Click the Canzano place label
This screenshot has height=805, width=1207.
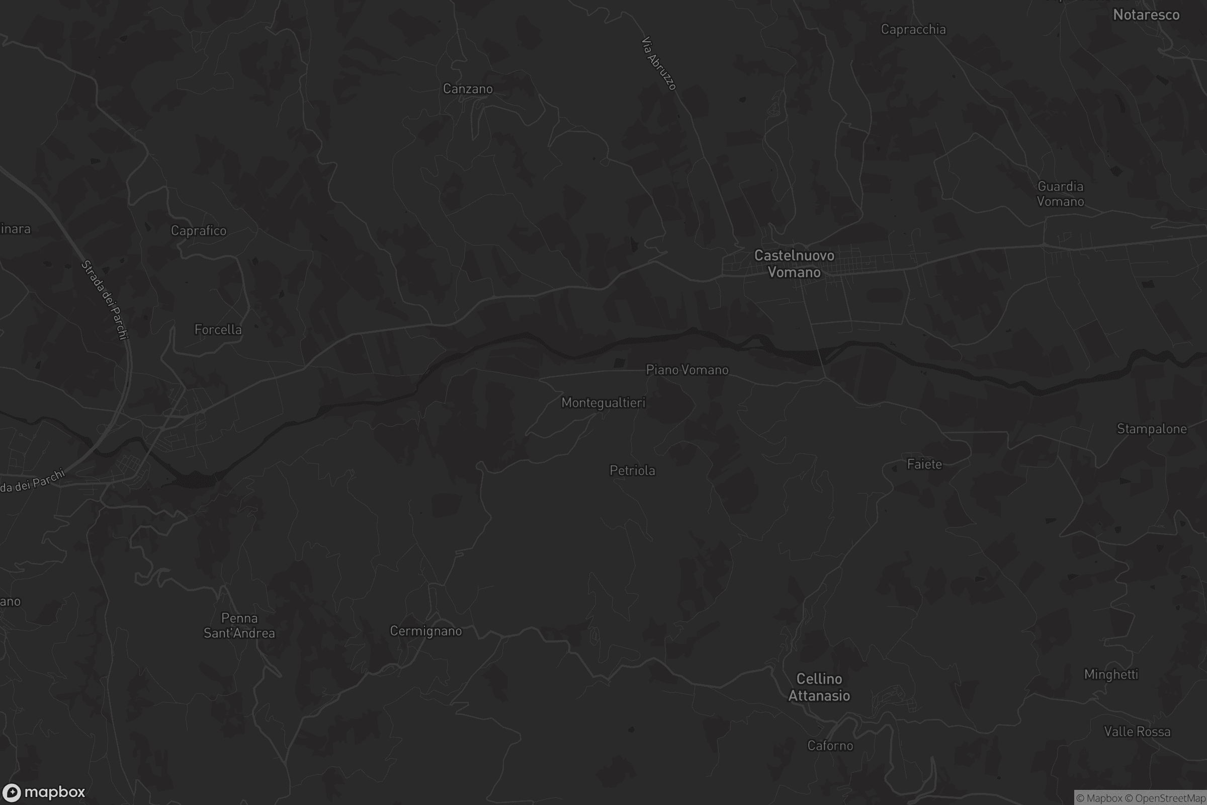point(468,89)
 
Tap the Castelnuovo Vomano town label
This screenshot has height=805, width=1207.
point(794,264)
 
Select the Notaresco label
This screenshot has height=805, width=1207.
point(1146,15)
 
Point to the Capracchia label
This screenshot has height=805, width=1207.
point(913,29)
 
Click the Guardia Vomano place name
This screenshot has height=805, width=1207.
point(1060,194)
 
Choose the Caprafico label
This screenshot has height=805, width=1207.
point(199,230)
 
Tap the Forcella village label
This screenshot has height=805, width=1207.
point(218,330)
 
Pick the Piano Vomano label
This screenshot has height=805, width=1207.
point(687,370)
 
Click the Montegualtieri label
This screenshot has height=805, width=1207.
point(603,403)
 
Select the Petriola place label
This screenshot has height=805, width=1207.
point(632,470)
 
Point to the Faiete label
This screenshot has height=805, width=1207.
point(924,464)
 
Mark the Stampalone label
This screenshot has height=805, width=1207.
point(1152,429)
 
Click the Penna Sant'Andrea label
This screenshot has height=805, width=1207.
point(239,625)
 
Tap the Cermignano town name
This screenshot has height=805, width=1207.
point(425,631)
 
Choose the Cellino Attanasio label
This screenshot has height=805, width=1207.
point(819,687)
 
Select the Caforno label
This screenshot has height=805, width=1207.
point(830,746)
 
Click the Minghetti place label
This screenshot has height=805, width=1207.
point(1110,674)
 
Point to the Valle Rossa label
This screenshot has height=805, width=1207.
point(1137,732)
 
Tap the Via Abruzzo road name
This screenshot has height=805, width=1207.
point(659,63)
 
